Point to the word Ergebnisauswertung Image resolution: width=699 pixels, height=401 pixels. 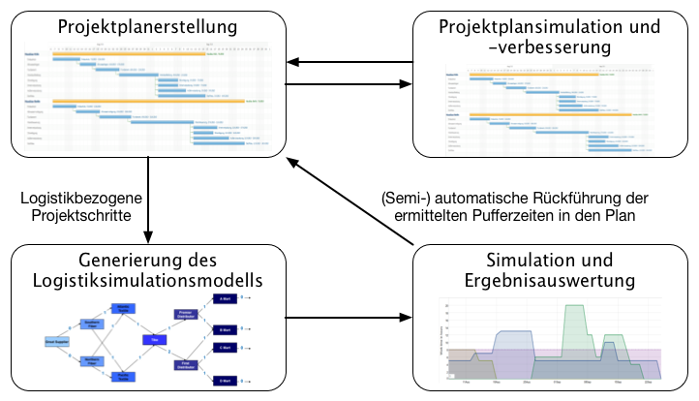(549, 281)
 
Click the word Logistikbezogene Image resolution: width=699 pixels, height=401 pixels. (80, 197)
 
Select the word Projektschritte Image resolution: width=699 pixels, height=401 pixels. (80, 215)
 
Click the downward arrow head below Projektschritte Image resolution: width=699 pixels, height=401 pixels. (148, 235)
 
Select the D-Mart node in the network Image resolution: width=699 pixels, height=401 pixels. (225, 378)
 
